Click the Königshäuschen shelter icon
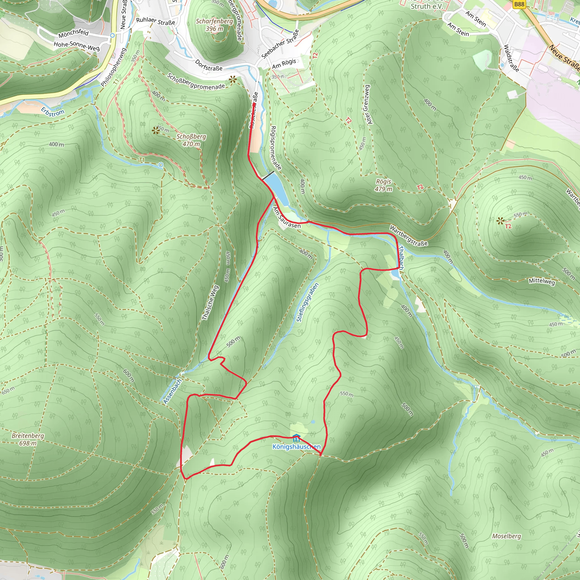click(296, 438)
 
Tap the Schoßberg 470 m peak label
click(191, 140)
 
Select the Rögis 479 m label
click(383, 185)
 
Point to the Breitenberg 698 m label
click(28, 439)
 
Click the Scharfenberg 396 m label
click(214, 25)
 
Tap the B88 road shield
click(519, 4)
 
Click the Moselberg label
click(506, 536)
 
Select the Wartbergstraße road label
click(408, 236)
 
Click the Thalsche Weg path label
click(210, 303)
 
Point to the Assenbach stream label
click(173, 391)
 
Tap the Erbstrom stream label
click(53, 111)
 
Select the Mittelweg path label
click(541, 281)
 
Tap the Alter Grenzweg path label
click(367, 105)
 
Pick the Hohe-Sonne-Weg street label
click(76, 46)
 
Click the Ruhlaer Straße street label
click(155, 21)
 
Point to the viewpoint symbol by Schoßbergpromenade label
click(232, 80)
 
